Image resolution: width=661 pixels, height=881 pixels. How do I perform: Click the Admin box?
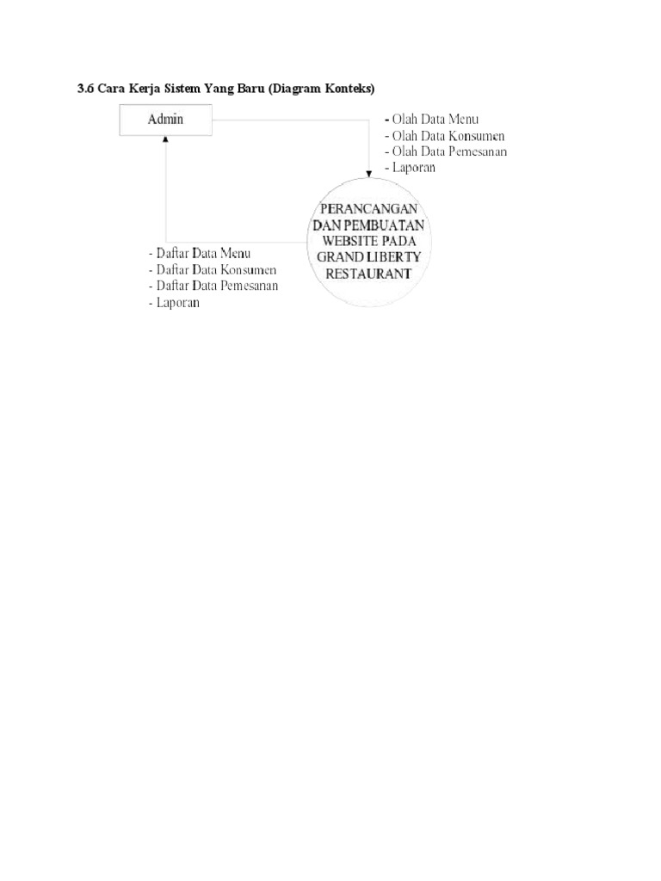tap(165, 120)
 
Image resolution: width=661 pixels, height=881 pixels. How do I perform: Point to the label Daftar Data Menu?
tap(202, 255)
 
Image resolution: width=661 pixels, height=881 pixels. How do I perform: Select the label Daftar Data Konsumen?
tap(215, 270)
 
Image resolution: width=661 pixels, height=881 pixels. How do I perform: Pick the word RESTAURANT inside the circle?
tap(368, 274)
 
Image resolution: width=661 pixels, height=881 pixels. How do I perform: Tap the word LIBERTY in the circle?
tap(395, 258)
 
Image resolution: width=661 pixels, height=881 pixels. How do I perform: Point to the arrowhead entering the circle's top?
tap(369, 175)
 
